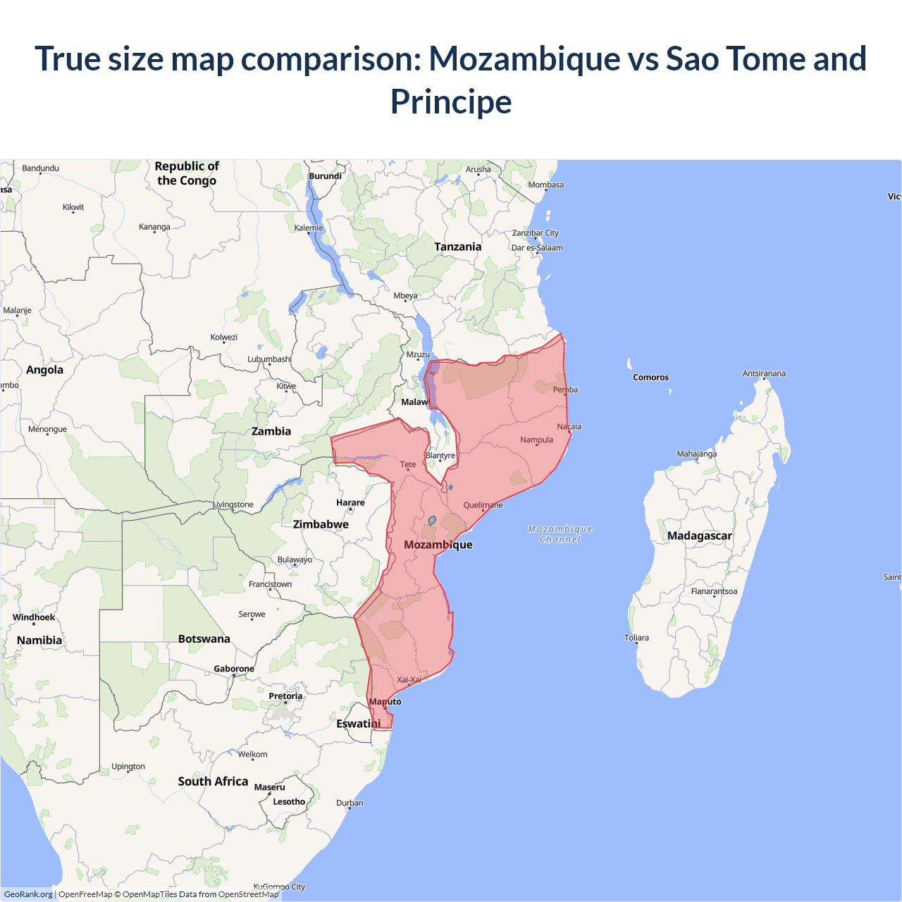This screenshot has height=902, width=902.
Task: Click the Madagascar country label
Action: click(x=699, y=536)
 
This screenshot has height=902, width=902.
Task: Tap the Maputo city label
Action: click(x=385, y=701)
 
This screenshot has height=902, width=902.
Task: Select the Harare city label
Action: click(x=350, y=502)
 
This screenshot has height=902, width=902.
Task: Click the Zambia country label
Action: click(x=271, y=431)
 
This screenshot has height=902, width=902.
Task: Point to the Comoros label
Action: click(x=650, y=377)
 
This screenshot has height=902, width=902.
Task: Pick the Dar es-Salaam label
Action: click(x=537, y=247)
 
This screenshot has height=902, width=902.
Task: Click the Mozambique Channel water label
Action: click(x=560, y=534)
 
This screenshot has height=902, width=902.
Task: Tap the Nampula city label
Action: click(x=536, y=440)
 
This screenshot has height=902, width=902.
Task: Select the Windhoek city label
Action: click(x=34, y=617)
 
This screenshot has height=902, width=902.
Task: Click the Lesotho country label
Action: click(x=289, y=801)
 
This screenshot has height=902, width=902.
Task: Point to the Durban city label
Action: click(x=350, y=803)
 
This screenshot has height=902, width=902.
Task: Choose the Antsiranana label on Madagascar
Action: click(x=764, y=373)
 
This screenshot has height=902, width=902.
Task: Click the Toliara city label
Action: click(x=636, y=638)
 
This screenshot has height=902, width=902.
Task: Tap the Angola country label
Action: click(x=44, y=370)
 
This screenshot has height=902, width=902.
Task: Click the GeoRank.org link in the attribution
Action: click(x=28, y=894)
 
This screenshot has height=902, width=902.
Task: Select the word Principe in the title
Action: click(x=451, y=101)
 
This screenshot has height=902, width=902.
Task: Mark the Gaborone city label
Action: click(x=234, y=669)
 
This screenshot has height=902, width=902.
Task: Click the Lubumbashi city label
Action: click(x=269, y=359)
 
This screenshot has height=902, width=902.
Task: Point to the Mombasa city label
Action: click(x=546, y=185)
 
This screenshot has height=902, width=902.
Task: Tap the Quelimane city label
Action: click(x=483, y=505)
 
